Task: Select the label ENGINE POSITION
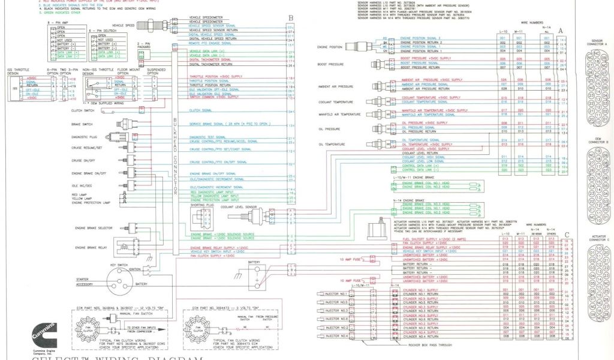(330, 46)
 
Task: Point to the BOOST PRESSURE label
(330, 64)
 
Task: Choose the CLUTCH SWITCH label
(83, 110)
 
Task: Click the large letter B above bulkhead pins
(290, 19)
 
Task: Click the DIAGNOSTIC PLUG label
(84, 137)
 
